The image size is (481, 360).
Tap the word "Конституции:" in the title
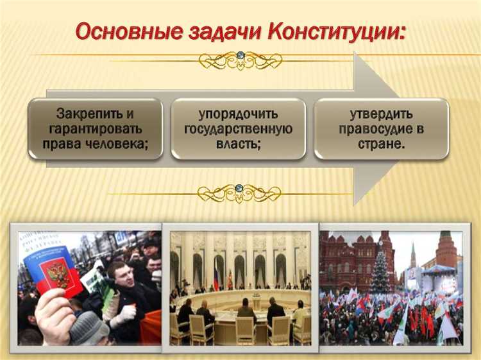tap(334, 30)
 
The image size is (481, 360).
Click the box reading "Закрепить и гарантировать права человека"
tap(95, 128)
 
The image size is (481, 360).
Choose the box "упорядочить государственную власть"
tap(238, 128)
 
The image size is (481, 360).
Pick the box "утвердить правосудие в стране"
tap(381, 128)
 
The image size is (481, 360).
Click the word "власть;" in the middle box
tap(238, 143)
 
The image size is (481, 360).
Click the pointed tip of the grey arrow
tap(411, 128)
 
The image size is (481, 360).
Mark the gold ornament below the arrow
tap(239, 192)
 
